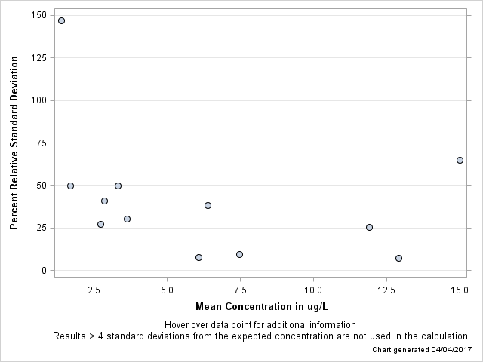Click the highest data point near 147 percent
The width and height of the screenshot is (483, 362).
click(x=61, y=20)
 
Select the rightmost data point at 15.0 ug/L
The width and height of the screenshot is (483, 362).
click(x=460, y=160)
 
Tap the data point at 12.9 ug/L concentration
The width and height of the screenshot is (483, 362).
click(x=398, y=258)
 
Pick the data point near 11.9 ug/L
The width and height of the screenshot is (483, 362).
click(x=369, y=227)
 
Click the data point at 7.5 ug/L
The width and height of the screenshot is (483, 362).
click(x=239, y=254)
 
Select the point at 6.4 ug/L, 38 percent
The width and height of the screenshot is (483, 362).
click(x=208, y=205)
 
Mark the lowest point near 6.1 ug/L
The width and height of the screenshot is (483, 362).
click(x=198, y=257)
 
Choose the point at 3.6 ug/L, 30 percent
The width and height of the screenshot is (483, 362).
click(x=127, y=219)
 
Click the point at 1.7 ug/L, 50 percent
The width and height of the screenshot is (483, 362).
click(x=70, y=186)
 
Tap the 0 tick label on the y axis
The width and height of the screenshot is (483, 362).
click(x=45, y=271)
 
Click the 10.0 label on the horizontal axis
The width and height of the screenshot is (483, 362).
click(x=313, y=289)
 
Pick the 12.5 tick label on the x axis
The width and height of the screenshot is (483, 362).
click(x=386, y=289)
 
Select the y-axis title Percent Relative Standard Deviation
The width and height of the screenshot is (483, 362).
click(x=14, y=143)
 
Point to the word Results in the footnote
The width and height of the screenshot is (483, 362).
click(x=69, y=336)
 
